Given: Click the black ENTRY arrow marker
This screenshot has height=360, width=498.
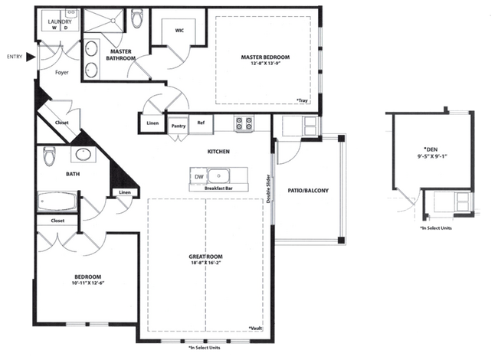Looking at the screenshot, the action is (x=31, y=57).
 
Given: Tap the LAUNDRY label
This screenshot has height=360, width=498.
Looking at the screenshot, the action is (x=60, y=21).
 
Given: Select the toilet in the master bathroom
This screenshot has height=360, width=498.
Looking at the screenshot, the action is (x=137, y=18).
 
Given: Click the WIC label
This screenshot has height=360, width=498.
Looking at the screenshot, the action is (x=179, y=31).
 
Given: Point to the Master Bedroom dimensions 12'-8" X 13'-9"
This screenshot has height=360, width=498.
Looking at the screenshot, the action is (x=266, y=63).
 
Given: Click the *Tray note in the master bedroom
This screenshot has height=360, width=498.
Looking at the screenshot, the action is (x=302, y=100).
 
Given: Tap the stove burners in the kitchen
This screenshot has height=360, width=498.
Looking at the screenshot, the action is (x=244, y=123).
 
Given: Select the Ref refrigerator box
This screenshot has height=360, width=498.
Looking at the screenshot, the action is (x=201, y=124).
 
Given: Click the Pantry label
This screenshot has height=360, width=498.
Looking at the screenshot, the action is (x=179, y=126).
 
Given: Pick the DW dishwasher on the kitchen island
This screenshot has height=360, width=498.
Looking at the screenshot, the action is (x=199, y=176).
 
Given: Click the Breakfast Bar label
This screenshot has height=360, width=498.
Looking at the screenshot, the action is (x=218, y=188).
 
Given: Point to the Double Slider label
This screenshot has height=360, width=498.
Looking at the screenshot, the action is (x=268, y=188).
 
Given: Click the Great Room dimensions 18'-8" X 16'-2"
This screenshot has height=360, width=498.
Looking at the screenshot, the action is (x=206, y=263).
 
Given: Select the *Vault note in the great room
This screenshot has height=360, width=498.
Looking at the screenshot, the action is (x=256, y=328).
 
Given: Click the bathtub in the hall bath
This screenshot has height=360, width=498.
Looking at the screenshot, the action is (x=57, y=201).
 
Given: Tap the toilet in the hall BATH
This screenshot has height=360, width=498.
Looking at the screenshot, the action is (x=49, y=156).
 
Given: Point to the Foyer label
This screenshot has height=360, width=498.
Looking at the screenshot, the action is (x=62, y=72).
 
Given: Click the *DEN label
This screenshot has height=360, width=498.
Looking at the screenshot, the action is (x=431, y=149).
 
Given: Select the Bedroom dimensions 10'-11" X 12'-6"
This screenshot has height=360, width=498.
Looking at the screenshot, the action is (x=88, y=283).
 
